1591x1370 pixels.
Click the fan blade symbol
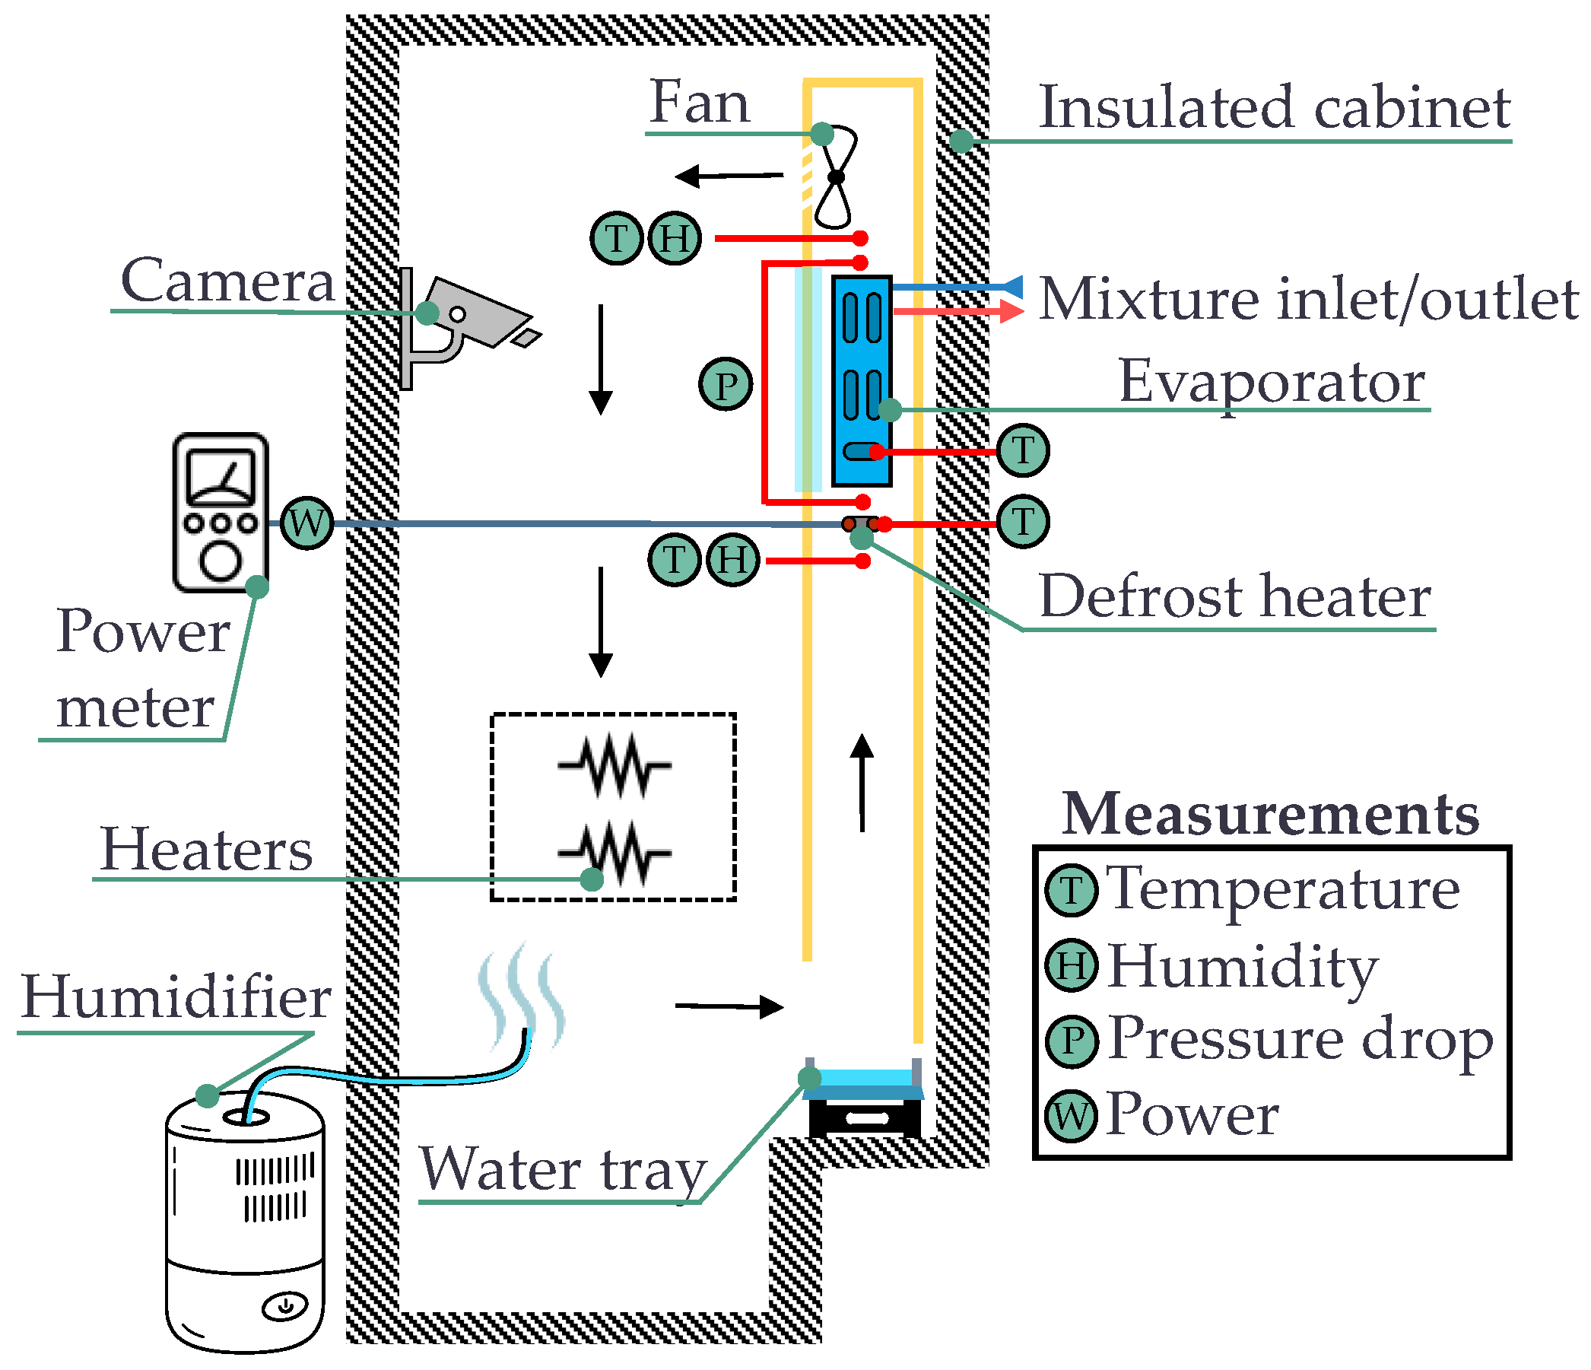pyautogui.click(x=837, y=176)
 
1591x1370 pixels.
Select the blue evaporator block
pyautogui.click(x=862, y=381)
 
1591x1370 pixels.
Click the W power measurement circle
pyautogui.click(x=306, y=523)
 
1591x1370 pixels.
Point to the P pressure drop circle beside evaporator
pyautogui.click(x=725, y=384)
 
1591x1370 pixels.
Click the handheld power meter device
pyautogui.click(x=221, y=512)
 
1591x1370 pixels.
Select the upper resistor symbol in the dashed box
pyautogui.click(x=614, y=764)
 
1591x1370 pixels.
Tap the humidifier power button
pyautogui.click(x=285, y=1305)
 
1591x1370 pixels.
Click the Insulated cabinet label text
pyautogui.click(x=1274, y=107)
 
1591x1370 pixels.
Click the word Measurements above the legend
pyautogui.click(x=1271, y=814)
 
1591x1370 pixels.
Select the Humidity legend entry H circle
pyautogui.click(x=1072, y=965)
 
